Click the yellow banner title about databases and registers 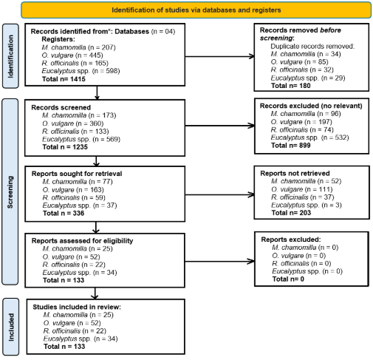[196, 10]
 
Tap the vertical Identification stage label [10, 56]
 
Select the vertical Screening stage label [10, 192]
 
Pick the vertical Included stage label [11, 327]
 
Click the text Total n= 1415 [64, 79]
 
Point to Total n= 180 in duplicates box [290, 86]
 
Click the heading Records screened [61, 107]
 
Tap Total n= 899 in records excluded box [290, 146]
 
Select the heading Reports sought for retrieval [77, 174]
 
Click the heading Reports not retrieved [295, 173]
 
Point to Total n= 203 [291, 213]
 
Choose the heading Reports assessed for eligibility [82, 241]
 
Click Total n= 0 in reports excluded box [288, 279]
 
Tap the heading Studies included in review [77, 307]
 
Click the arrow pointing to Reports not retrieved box [219, 194]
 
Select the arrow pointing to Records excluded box [219, 126]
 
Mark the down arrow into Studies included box [95, 293]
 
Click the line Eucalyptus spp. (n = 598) [81, 71]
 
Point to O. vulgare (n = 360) [73, 123]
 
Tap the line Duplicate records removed [312, 46]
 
